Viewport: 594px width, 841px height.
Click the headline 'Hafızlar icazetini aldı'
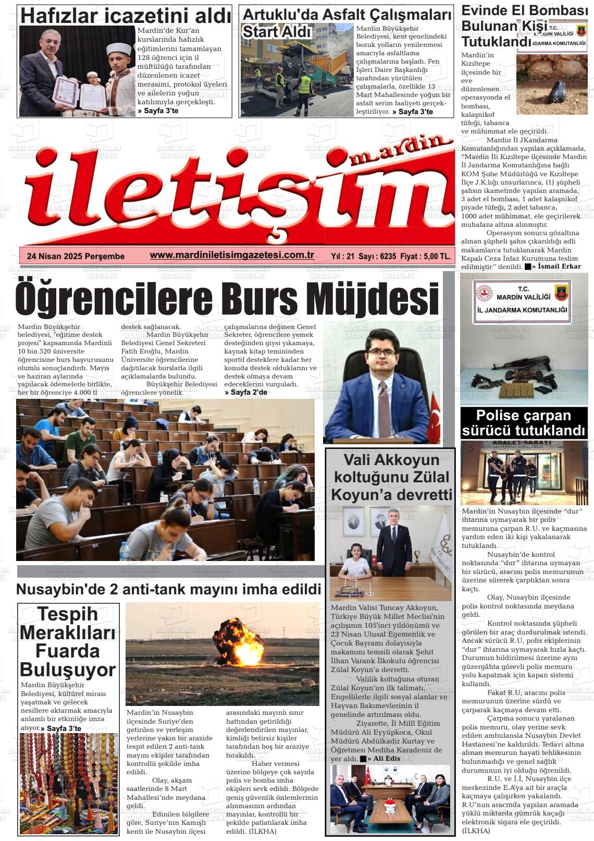pos(125,16)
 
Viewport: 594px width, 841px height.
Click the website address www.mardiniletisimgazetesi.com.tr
pos(232,255)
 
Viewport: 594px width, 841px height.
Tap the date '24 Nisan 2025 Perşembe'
pos(76,256)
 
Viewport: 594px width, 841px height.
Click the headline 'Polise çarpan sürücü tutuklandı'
pos(524,423)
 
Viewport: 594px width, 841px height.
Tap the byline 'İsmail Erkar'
pos(560,266)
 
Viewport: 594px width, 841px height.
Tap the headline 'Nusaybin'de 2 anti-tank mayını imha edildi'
pos(168,590)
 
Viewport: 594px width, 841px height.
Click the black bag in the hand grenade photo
pos(553,93)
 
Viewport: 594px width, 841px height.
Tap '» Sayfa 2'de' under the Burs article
pos(245,392)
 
